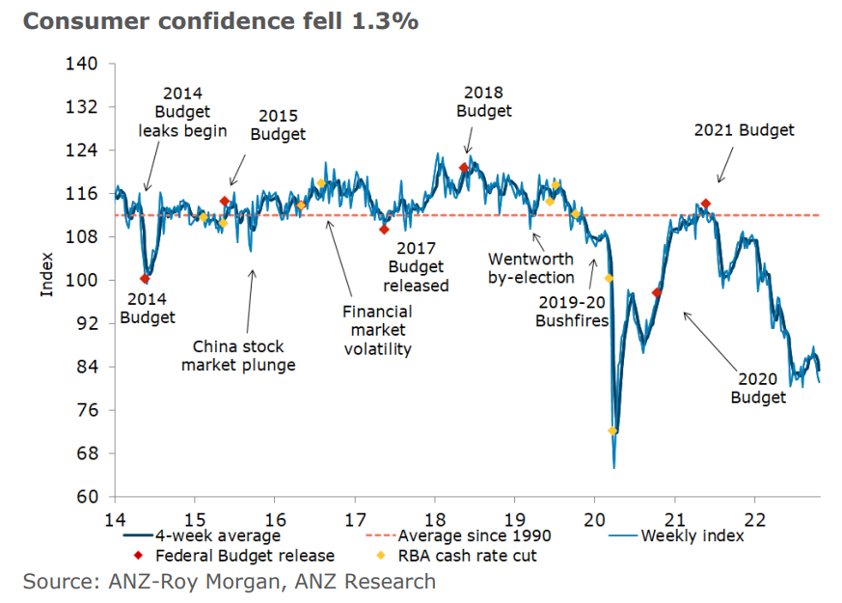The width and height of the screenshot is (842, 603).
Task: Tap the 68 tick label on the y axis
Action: [86, 453]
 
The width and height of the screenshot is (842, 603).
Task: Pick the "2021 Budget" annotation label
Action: [744, 130]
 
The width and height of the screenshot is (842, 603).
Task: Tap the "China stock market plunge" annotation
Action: [238, 355]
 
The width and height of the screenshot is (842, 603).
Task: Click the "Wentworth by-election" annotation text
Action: [530, 268]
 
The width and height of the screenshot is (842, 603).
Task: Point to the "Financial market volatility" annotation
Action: [377, 330]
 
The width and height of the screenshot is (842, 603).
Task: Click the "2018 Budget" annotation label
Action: [484, 101]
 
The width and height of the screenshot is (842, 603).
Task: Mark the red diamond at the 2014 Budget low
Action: [146, 279]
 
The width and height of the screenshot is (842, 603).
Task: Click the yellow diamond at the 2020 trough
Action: [612, 431]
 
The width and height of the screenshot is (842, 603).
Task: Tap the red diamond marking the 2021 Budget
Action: [706, 204]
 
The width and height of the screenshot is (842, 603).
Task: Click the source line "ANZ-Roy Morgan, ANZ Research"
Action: [230, 582]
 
